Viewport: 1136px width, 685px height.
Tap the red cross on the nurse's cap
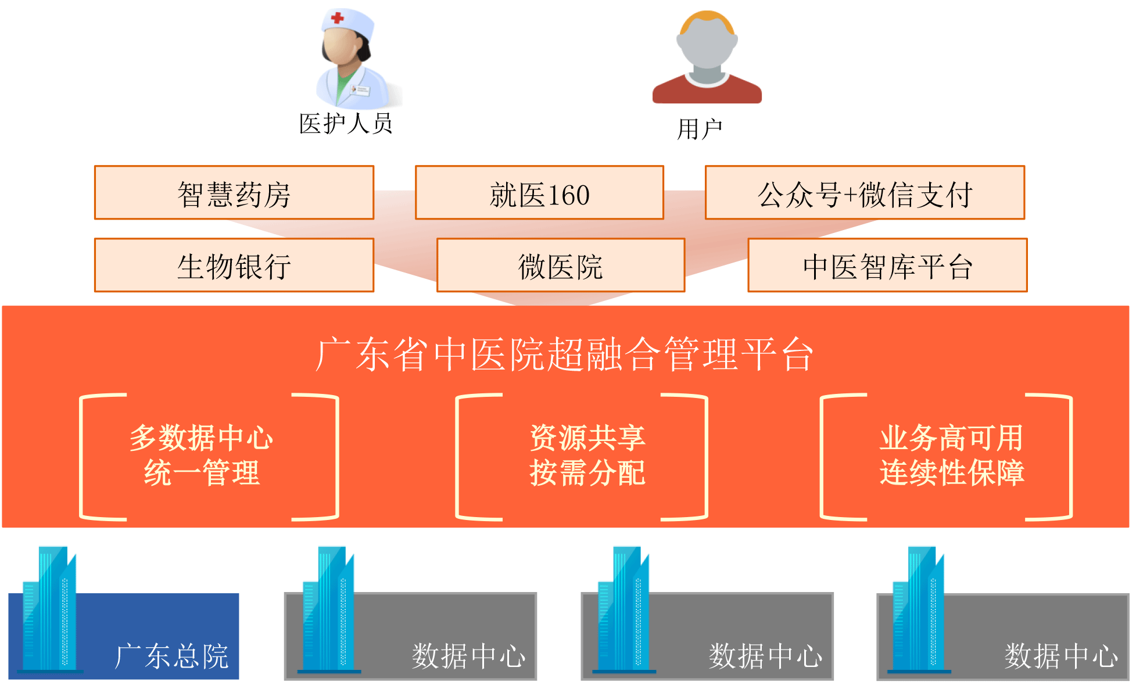point(337,18)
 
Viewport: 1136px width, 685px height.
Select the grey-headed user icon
point(707,58)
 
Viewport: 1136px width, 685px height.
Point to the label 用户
point(700,129)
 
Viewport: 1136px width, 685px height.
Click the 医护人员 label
point(346,124)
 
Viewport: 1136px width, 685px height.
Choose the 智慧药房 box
point(234,193)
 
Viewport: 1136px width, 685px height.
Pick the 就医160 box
point(539,193)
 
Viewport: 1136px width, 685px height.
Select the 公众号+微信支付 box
point(865,193)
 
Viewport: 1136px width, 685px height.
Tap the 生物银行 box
point(234,266)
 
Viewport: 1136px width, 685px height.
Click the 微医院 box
point(561,266)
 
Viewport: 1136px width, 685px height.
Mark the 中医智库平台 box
point(887,266)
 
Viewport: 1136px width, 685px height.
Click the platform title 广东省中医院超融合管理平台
point(565,354)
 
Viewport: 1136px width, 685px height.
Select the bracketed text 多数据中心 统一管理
point(202,455)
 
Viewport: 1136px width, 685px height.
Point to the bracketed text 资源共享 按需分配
point(587,455)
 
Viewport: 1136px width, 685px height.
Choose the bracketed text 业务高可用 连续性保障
point(951,455)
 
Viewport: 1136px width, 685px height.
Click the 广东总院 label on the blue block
point(172,656)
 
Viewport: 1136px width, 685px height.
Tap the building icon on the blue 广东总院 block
point(50,610)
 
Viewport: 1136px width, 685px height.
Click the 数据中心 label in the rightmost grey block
point(1061,656)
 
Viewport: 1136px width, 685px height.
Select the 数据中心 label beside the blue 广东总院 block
point(468,656)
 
